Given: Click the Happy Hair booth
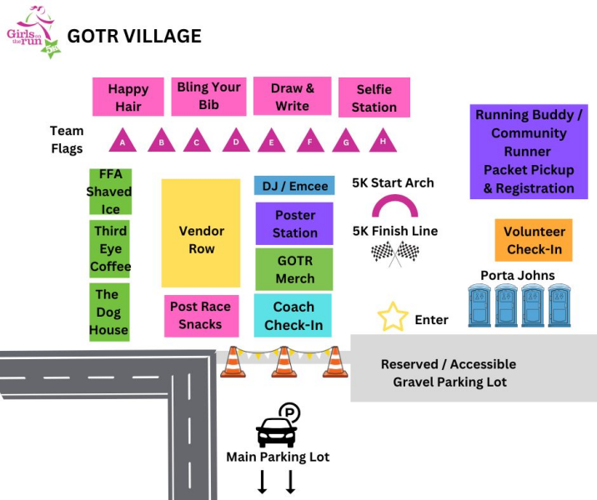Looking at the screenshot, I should [x=128, y=97].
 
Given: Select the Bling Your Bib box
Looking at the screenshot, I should [x=208, y=96].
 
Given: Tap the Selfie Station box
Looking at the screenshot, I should [x=374, y=97].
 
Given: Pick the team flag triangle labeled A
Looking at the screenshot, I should [x=123, y=141].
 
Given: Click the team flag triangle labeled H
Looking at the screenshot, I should [x=383, y=141].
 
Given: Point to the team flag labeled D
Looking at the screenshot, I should [x=236, y=141].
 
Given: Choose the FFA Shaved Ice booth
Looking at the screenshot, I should [x=110, y=192].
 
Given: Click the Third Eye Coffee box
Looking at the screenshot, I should [x=110, y=248].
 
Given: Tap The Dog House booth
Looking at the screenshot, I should [x=109, y=312].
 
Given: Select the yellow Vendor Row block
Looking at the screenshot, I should [x=201, y=232].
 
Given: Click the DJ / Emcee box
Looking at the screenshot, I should [x=294, y=186].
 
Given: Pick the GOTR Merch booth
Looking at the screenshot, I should [x=294, y=269].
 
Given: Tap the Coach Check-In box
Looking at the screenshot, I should [x=293, y=316].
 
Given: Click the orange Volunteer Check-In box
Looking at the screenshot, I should [x=534, y=240].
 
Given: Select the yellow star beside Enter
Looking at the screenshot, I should [x=393, y=317].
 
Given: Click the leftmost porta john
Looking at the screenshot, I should [x=481, y=306].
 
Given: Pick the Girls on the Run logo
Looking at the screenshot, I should [x=32, y=31].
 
